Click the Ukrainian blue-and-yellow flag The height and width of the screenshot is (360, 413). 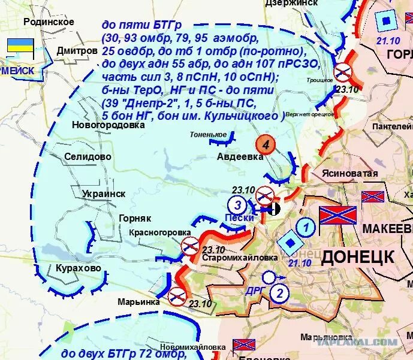[20, 46]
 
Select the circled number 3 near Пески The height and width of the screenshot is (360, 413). [237, 204]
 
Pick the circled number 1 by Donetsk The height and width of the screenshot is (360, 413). [306, 228]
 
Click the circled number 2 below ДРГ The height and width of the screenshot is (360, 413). [279, 293]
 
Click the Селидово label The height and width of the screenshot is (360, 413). [88, 156]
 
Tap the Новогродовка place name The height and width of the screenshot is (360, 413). [108, 126]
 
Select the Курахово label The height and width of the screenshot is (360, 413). [79, 268]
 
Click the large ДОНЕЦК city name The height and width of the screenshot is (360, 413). [358, 257]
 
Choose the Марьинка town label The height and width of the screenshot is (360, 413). [138, 302]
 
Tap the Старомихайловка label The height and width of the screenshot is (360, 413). [240, 258]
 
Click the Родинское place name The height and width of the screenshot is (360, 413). [49, 22]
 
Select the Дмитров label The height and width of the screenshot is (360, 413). [77, 51]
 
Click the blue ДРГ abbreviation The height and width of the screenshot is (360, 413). [254, 290]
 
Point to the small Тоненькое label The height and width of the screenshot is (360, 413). [208, 135]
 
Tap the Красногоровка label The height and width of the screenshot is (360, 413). [159, 232]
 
